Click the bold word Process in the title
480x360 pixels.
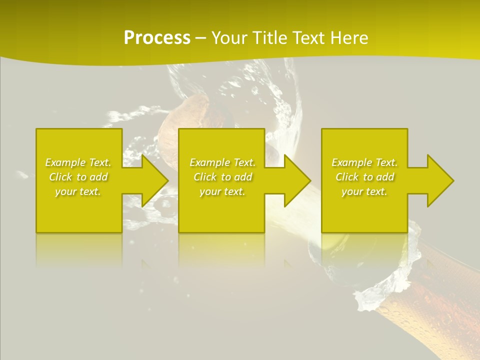[157, 38]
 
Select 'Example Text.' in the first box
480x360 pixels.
[78, 162]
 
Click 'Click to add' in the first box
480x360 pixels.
[78, 177]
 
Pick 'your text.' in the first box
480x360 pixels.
[78, 191]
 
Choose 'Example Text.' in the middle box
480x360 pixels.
[222, 162]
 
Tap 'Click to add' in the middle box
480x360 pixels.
[222, 177]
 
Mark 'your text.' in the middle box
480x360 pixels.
[222, 191]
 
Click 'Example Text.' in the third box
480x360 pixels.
[364, 162]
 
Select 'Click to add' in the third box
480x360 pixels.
[364, 177]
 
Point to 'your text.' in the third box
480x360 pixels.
[364, 191]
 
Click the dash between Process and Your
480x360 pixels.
[200, 38]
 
